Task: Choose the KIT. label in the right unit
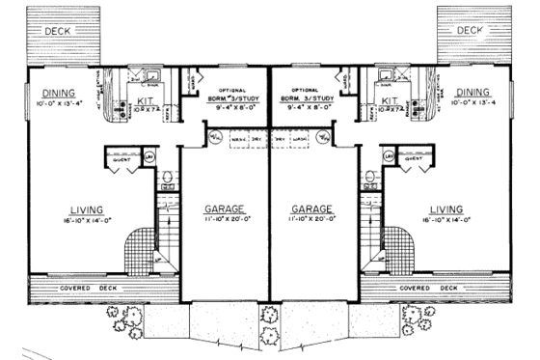tap(391, 100)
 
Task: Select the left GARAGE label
tap(224, 208)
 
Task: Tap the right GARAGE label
tap(310, 208)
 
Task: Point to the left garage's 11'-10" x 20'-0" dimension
tap(224, 220)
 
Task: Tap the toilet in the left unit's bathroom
tap(170, 178)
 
